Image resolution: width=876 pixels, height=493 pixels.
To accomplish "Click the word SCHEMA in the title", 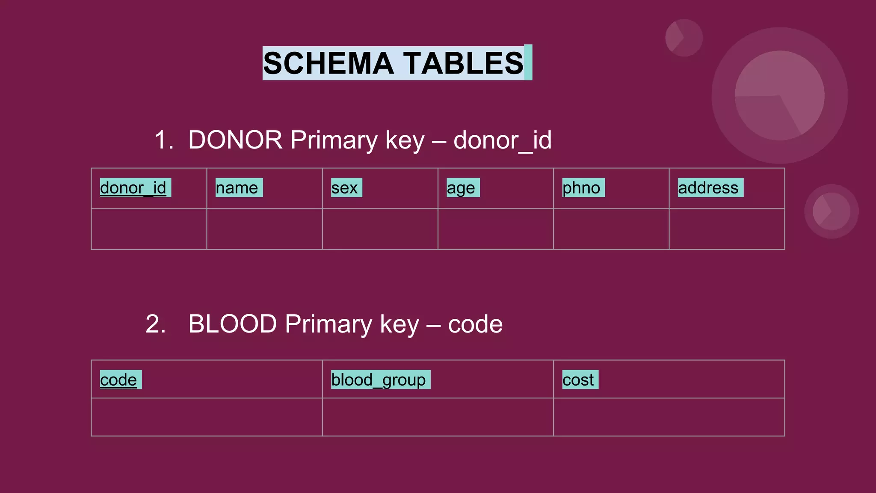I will click(x=328, y=63).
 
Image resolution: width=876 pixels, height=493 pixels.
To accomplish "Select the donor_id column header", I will click(x=133, y=188).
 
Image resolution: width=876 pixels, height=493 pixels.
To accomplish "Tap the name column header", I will click(x=237, y=188).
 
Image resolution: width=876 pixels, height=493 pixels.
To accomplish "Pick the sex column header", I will click(x=345, y=188).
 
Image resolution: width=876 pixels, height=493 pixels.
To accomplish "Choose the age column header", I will click(x=461, y=188).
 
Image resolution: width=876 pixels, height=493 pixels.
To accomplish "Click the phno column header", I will click(x=581, y=188).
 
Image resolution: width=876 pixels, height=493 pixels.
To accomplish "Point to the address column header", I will click(x=708, y=188).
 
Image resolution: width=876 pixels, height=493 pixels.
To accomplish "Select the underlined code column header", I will click(x=118, y=380).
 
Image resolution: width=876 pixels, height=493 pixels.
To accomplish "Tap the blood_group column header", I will click(x=379, y=380).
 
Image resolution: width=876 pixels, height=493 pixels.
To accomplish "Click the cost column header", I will click(x=578, y=380).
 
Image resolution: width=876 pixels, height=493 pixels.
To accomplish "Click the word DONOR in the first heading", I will click(x=235, y=140).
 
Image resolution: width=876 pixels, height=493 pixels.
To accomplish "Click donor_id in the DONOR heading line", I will click(x=503, y=140).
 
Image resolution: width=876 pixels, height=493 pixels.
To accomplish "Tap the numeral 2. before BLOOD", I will click(x=156, y=324).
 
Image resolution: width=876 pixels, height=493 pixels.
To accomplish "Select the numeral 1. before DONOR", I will click(x=164, y=140).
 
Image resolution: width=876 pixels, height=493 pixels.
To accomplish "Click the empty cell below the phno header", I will click(x=611, y=229).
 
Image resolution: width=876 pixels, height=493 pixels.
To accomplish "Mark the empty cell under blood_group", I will click(x=438, y=417).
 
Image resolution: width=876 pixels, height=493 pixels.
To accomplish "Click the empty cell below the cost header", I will click(x=669, y=417).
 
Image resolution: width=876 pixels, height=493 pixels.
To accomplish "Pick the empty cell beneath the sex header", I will click(x=380, y=229).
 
